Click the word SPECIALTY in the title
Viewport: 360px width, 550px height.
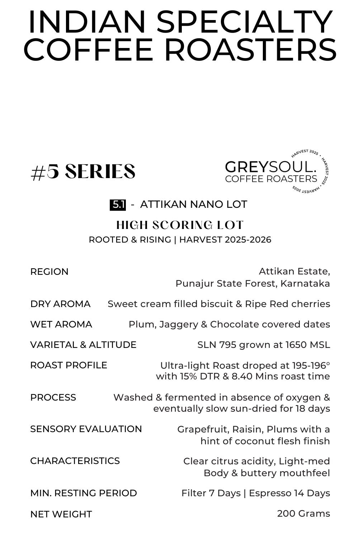245,22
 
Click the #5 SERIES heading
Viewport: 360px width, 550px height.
83,172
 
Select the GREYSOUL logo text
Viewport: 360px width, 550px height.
271,167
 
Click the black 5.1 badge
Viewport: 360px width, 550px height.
118,205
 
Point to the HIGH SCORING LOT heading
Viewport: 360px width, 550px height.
180,225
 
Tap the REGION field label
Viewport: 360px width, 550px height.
49,272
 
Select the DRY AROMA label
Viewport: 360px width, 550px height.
60,304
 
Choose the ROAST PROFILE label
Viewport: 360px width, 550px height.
68,365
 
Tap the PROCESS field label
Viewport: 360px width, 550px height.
53,397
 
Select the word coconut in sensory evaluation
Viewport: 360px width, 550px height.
255,441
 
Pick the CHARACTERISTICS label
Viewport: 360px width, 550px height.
75,461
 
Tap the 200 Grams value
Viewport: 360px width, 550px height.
303,513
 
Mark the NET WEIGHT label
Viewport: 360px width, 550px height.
61,514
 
